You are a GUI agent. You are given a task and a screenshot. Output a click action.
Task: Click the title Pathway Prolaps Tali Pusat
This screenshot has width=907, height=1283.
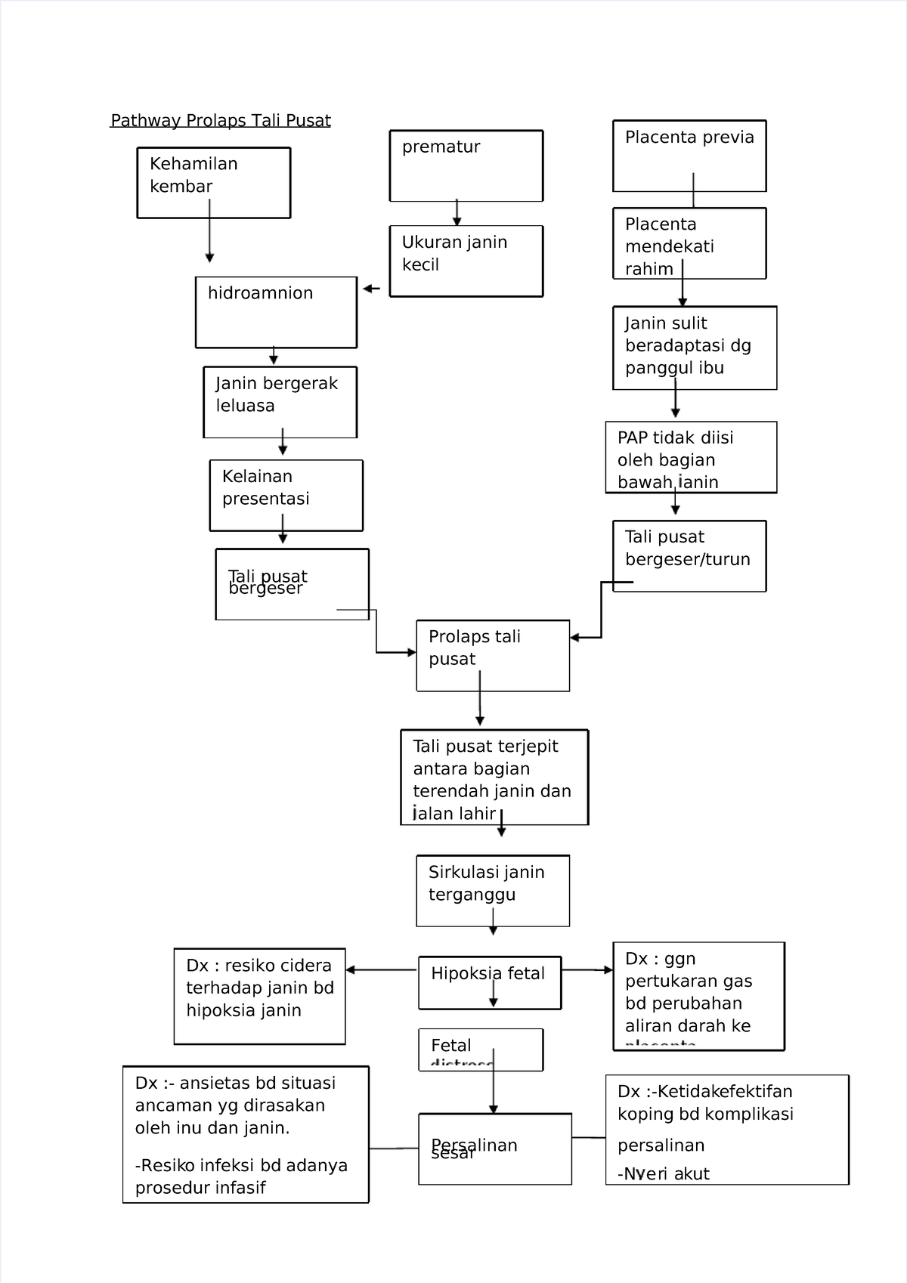[x=221, y=121]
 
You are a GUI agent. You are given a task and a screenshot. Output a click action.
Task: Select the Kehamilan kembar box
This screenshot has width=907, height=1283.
[x=213, y=183]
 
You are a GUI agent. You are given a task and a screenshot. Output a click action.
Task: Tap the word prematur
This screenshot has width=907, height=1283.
[x=441, y=147]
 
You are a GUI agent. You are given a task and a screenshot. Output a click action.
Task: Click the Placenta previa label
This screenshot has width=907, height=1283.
[x=689, y=138]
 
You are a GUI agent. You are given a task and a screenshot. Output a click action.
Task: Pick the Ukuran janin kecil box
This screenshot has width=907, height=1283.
[x=466, y=261]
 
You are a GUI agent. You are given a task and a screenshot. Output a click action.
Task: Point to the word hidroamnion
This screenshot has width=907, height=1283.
[x=260, y=293]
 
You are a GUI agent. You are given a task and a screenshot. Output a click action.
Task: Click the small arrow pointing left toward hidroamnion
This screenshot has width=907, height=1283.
[x=371, y=289]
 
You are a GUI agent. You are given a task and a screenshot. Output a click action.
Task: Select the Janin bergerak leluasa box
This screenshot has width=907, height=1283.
[x=280, y=402]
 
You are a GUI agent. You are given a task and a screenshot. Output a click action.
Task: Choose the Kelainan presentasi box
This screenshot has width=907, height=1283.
[x=286, y=495]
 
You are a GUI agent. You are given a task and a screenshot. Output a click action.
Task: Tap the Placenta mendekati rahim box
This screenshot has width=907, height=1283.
[x=689, y=243]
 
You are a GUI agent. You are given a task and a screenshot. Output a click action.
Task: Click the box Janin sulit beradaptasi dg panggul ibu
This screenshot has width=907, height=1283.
[x=694, y=348]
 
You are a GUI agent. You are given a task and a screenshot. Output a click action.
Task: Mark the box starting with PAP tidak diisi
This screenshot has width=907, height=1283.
[x=690, y=457]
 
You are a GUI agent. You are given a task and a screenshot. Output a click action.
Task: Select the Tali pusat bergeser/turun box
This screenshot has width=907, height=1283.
[x=689, y=555]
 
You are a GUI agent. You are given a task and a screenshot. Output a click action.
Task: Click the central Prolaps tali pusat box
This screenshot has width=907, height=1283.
[x=492, y=655]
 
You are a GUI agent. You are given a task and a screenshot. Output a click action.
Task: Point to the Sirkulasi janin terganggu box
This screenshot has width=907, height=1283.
[x=492, y=890]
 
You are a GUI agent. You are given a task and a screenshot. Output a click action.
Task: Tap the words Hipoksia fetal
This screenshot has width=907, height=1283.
[x=488, y=973]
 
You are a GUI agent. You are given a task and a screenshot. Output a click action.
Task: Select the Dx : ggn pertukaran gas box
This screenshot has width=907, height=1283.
[x=698, y=996]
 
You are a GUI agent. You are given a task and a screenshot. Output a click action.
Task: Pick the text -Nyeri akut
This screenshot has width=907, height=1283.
[x=663, y=1174]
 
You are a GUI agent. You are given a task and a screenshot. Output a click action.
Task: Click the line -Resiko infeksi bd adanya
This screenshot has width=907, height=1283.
[x=241, y=1165]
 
